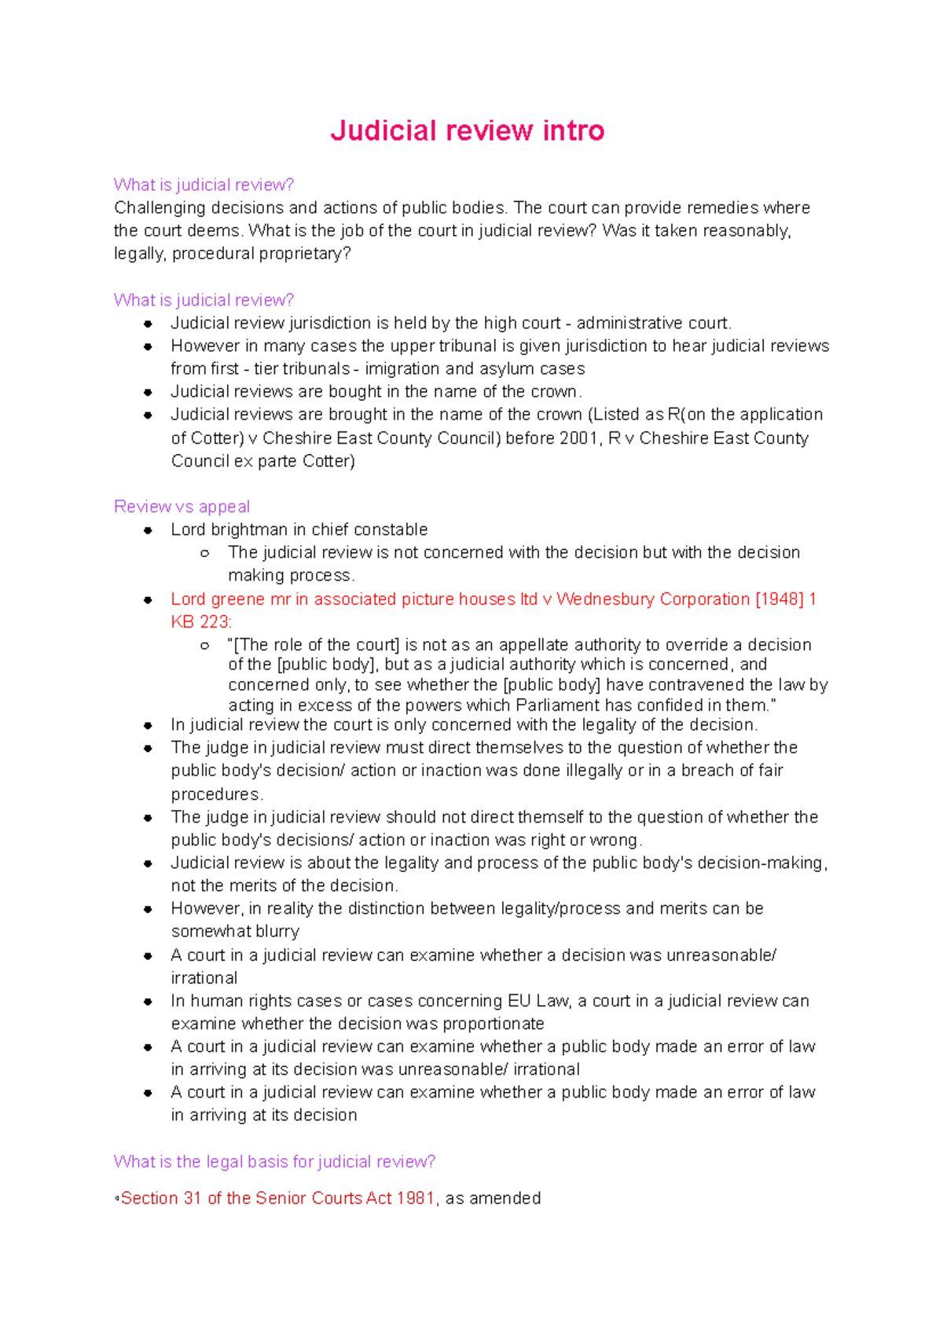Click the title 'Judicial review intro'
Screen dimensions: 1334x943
point(467,130)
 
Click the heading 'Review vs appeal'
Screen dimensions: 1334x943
point(182,507)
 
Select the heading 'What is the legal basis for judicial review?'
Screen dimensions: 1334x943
point(274,1161)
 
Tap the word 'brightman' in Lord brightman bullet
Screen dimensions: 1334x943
point(249,530)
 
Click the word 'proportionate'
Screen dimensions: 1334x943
point(494,1024)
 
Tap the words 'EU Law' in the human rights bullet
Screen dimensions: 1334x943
point(538,1001)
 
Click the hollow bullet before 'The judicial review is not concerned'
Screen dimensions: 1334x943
point(204,553)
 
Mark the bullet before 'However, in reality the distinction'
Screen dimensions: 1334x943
point(147,909)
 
